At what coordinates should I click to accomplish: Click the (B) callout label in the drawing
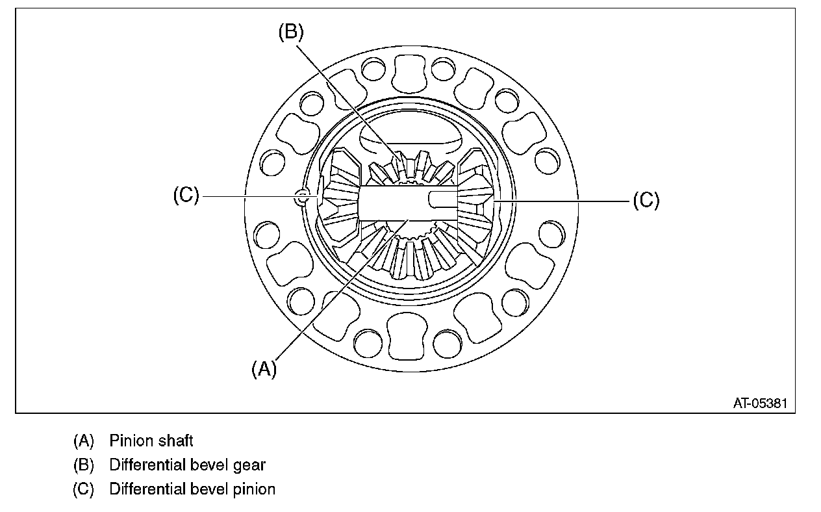(290, 33)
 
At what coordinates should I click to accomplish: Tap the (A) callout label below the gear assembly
(264, 369)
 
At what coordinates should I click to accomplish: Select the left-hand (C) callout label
(186, 196)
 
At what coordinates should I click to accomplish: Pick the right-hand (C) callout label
(646, 201)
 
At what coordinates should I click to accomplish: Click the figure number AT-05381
(760, 403)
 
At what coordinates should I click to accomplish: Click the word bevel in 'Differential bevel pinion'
(207, 489)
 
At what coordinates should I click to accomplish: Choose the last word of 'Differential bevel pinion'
(253, 489)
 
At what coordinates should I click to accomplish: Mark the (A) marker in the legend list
(84, 441)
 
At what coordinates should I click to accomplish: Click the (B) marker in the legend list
(84, 465)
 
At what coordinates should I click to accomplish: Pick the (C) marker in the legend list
(84, 489)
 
